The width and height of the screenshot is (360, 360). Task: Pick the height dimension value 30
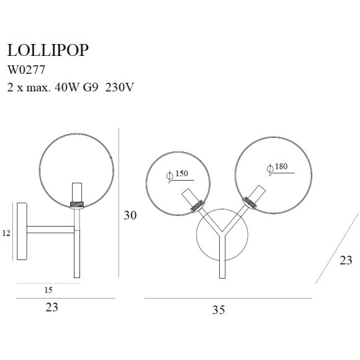tap(130, 215)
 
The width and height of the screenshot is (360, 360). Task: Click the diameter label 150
tap(181, 174)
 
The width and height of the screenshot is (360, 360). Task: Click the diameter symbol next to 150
tap(169, 176)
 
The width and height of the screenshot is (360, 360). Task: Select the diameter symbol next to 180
tap(269, 169)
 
